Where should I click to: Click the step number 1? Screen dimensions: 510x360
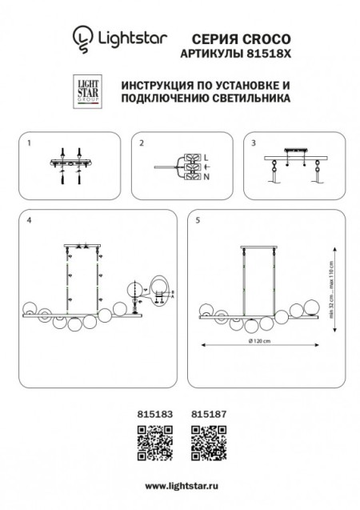pyautogui.click(x=28, y=143)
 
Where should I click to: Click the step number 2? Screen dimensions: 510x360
pyautogui.click(x=142, y=143)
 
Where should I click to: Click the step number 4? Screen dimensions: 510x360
pyautogui.click(x=28, y=219)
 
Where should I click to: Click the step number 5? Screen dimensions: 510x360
pyautogui.click(x=197, y=219)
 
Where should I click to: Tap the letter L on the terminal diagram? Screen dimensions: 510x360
pyautogui.click(x=206, y=156)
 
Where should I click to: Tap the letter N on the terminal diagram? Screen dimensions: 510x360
pyautogui.click(x=206, y=175)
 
